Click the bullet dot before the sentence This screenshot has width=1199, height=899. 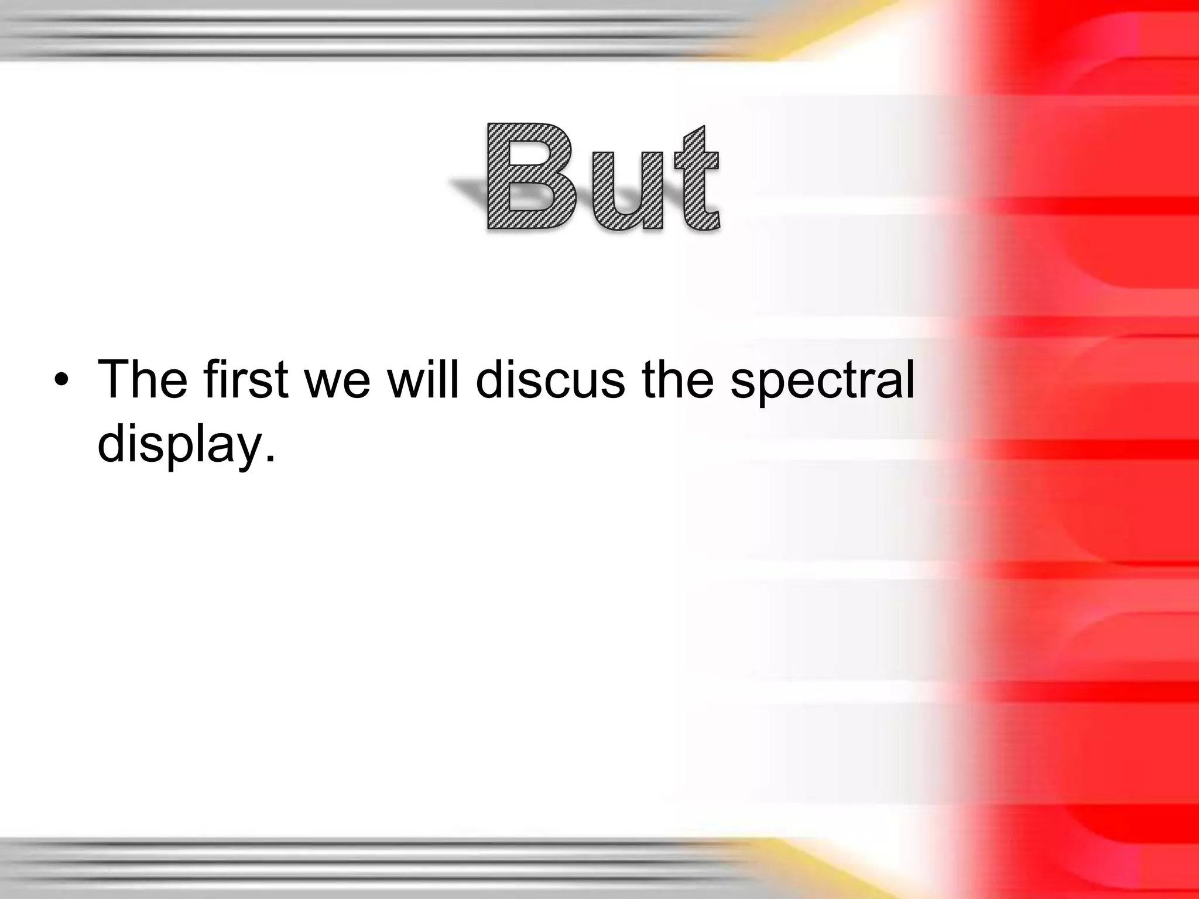[60, 382]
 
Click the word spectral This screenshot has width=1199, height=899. [822, 383]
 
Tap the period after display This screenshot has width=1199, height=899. [269, 458]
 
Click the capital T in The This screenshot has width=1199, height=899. [115, 379]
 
